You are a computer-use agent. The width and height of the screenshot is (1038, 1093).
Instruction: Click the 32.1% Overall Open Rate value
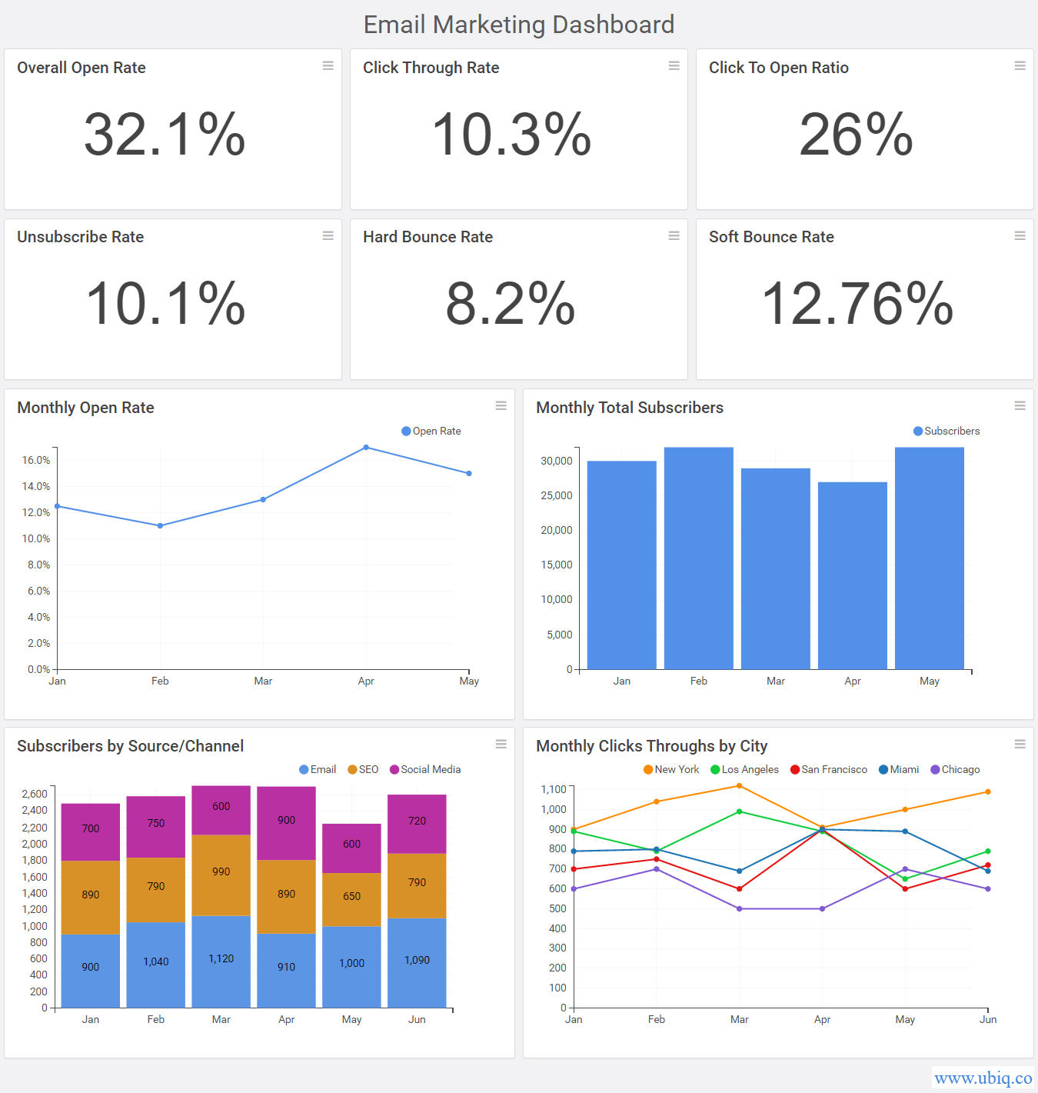165,135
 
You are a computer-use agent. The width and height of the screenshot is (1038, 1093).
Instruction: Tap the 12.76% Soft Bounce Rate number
857,304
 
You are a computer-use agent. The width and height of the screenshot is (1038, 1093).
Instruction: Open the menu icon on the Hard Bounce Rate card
674,235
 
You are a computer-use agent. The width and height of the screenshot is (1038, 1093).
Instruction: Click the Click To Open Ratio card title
778,68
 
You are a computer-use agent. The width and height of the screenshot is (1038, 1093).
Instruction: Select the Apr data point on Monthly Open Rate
366,448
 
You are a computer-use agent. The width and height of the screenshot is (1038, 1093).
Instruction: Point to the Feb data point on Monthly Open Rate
160,526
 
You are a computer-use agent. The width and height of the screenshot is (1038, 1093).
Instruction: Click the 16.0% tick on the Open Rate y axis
35,460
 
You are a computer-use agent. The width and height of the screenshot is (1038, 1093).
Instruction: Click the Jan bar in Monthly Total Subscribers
621,565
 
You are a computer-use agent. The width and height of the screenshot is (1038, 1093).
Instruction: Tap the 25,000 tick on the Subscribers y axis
557,495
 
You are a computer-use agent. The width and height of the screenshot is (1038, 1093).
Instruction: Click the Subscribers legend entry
947,432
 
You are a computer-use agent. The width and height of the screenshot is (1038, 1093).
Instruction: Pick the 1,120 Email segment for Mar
221,959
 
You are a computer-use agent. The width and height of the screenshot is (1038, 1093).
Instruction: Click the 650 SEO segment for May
351,897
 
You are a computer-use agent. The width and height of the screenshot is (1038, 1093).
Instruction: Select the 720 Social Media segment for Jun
417,821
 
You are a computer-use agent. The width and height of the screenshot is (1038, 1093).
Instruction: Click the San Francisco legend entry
829,770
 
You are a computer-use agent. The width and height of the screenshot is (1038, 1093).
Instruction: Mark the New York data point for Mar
739,786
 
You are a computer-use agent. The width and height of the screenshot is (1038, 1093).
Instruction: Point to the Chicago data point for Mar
739,909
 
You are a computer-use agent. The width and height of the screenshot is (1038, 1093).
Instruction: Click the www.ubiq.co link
983,1078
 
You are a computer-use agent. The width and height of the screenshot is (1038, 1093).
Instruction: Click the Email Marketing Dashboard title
519,25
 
